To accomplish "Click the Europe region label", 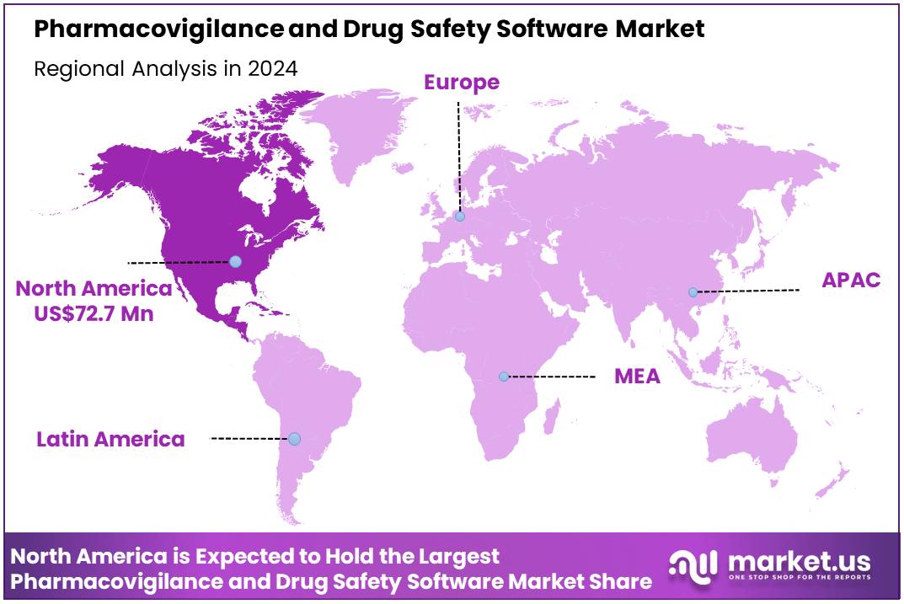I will pos(461,82).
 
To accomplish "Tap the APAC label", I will pos(851,281).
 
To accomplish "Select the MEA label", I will pos(637,376).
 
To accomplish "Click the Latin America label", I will pos(110,439).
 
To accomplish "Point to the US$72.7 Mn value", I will pos(94,313).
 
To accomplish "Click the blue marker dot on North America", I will pos(235,262).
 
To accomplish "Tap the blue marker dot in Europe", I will pos(459,216).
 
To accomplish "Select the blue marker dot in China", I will pos(693,292).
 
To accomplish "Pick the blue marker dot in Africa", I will pos(504,376).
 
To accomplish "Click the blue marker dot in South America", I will pos(294,438).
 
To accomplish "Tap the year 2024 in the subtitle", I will pos(272,69).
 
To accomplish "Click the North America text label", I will pos(94,289).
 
